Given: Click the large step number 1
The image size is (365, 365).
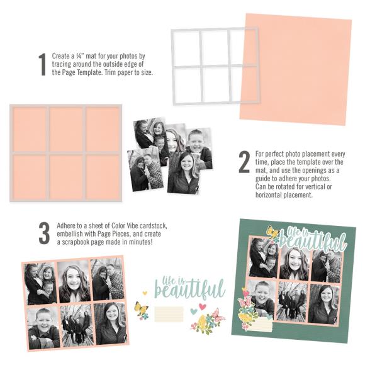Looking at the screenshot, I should coord(42,64).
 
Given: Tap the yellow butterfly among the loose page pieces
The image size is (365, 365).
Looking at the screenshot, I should coord(142,309).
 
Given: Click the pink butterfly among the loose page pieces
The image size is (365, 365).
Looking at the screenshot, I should coord(216,315).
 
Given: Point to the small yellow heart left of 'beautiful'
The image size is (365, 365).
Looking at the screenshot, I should coord(144,293).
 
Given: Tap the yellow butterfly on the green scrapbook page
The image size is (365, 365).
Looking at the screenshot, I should coord(272,233).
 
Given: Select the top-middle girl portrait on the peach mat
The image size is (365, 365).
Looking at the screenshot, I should coord(75,281).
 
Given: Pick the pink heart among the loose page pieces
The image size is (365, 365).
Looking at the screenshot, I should coord(203,306).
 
